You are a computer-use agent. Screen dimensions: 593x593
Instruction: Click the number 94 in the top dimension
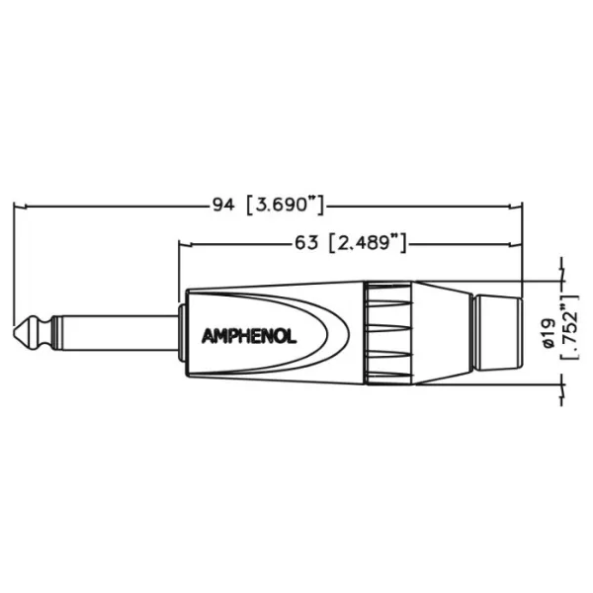pyautogui.click(x=223, y=206)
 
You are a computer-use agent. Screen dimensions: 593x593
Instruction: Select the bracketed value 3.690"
pyautogui.click(x=286, y=206)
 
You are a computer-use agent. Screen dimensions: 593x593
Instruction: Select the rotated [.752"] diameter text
pyautogui.click(x=568, y=327)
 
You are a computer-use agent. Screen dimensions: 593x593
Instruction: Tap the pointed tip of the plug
pyautogui.click(x=20, y=333)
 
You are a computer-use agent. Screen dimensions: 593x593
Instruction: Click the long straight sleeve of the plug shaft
pyautogui.click(x=114, y=333)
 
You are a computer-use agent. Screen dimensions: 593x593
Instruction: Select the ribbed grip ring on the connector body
pyautogui.click(x=387, y=333)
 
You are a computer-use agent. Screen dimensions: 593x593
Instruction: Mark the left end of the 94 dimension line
pyautogui.click(x=15, y=207)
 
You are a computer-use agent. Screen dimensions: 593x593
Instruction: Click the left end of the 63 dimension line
pyautogui.click(x=179, y=243)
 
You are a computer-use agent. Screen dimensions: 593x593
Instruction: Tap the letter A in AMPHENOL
pyautogui.click(x=210, y=334)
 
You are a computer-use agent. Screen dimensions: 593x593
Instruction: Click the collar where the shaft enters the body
pyautogui.click(x=179, y=333)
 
